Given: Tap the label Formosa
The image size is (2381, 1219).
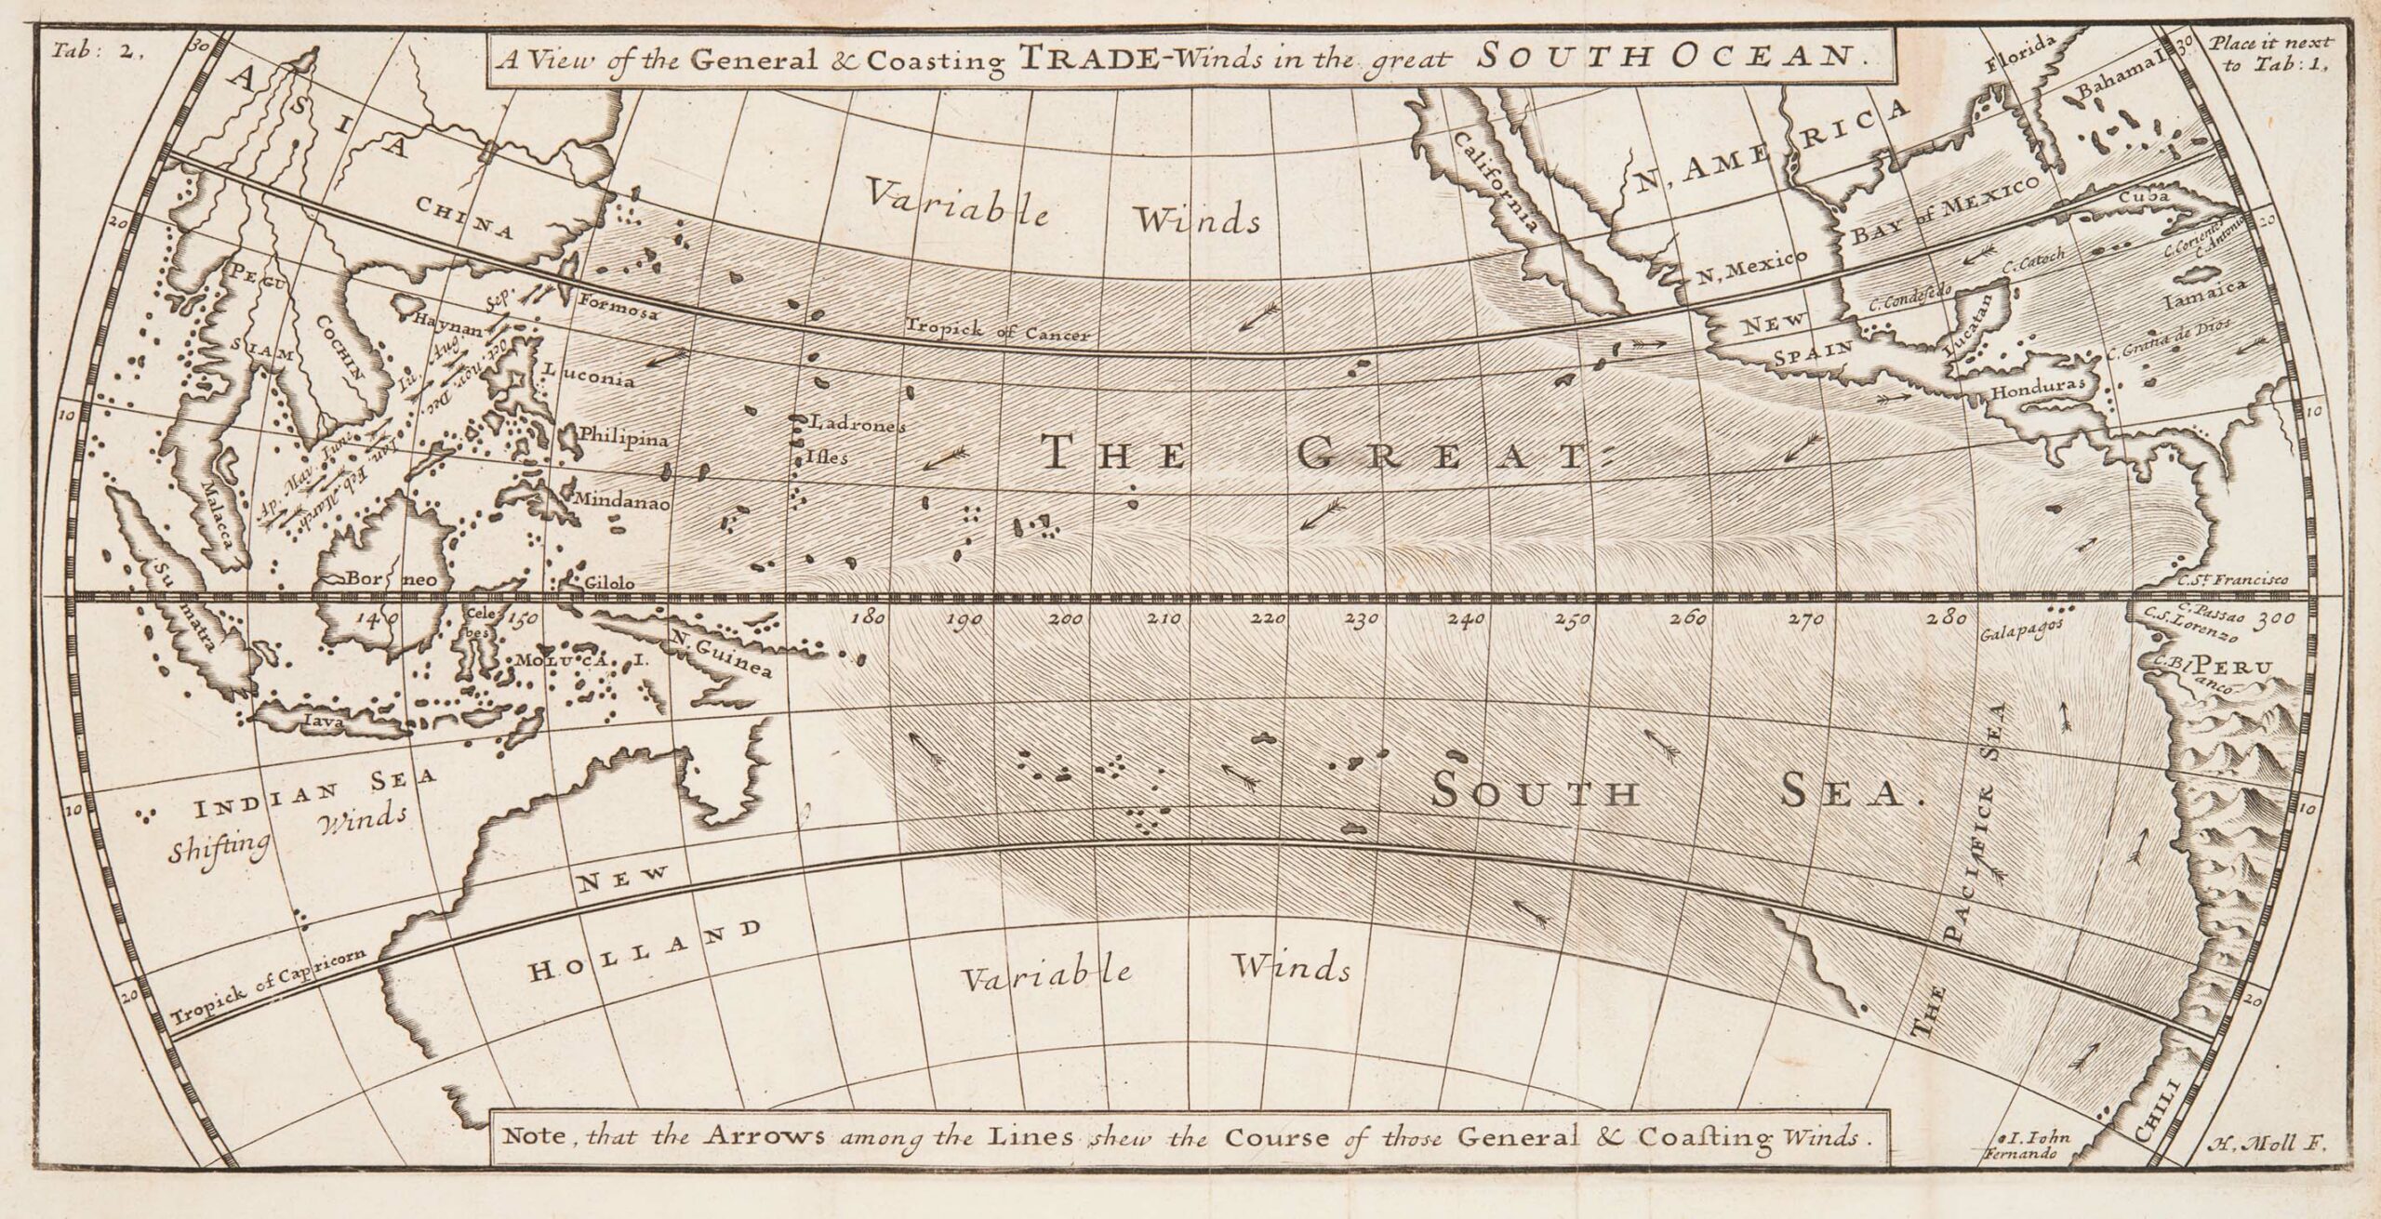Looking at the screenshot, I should (619, 308).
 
